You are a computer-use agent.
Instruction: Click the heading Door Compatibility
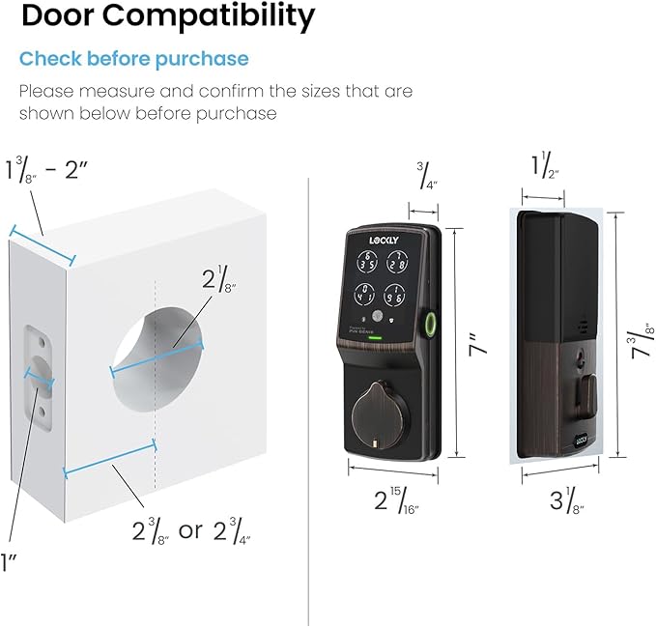tap(168, 16)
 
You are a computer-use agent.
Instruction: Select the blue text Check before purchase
tap(134, 59)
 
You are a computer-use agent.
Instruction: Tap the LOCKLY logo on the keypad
tap(384, 241)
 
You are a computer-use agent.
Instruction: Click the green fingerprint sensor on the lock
tap(428, 324)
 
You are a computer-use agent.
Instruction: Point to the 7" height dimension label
tap(478, 344)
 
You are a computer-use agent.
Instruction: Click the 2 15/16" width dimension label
tap(396, 499)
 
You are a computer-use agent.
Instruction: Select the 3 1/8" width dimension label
tap(567, 499)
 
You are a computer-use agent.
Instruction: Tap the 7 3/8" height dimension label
tap(642, 341)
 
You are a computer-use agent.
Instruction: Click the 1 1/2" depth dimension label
tap(545, 165)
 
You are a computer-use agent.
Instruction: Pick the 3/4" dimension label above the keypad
tap(427, 176)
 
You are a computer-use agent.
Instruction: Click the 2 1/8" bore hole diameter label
tap(218, 278)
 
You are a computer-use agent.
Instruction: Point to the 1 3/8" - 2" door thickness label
tap(46, 169)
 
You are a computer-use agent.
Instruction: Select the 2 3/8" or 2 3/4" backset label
tap(191, 530)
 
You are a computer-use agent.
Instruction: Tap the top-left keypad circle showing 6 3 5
tap(367, 262)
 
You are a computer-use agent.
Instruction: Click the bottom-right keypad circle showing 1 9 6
tap(394, 295)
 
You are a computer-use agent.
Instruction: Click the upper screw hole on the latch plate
tap(41, 342)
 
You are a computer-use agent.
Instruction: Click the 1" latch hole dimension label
tap(8, 562)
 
